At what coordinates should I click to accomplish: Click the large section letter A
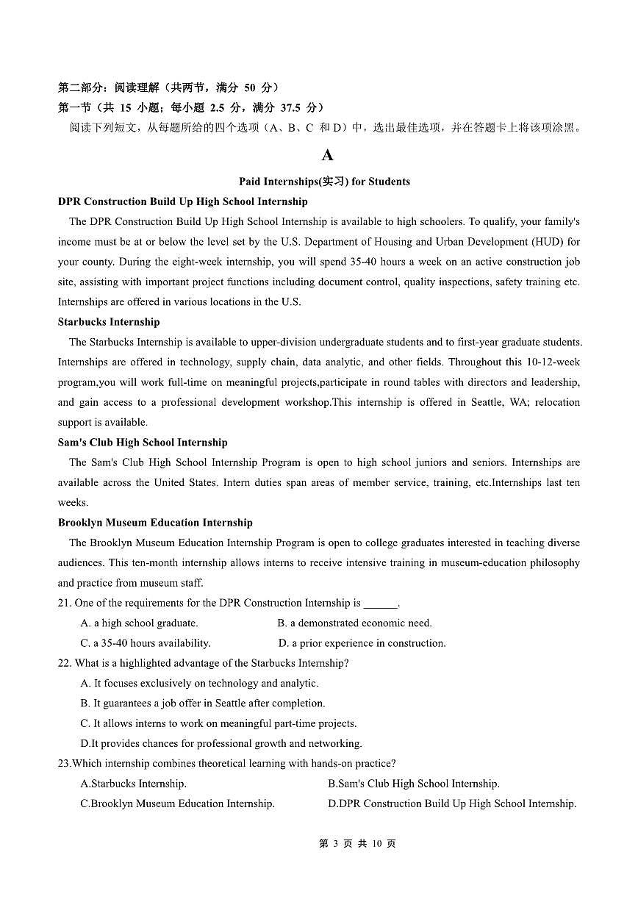tap(327, 155)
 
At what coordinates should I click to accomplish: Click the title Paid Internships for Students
tap(324, 182)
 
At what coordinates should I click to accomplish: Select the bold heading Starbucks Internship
tap(109, 322)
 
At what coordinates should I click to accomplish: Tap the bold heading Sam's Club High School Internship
tap(143, 443)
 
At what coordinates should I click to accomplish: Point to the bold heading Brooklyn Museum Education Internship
tap(155, 523)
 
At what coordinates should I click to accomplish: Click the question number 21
tap(64, 603)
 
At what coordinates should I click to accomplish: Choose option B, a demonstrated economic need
tap(354, 623)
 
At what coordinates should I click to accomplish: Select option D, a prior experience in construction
tap(362, 643)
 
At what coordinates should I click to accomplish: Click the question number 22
tap(64, 663)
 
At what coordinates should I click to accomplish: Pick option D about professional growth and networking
tap(221, 743)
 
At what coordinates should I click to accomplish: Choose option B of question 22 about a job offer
tap(202, 704)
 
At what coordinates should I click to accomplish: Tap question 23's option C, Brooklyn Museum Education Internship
tap(177, 803)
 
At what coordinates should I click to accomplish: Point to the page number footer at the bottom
tap(357, 844)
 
